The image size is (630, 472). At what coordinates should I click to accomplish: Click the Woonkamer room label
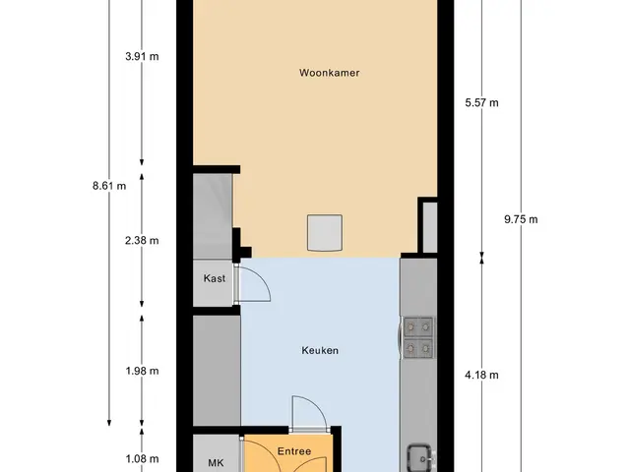[x=329, y=73]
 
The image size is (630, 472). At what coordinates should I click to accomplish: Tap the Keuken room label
[x=320, y=350]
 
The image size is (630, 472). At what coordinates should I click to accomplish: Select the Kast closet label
[x=215, y=278]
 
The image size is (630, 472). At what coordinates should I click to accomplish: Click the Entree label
[x=294, y=451]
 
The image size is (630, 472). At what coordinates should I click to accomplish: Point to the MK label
[x=216, y=463]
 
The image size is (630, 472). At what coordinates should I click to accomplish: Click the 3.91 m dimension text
[x=142, y=56]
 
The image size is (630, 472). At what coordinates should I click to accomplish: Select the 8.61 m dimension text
[x=109, y=186]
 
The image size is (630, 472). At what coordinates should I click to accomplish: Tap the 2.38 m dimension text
[x=142, y=240]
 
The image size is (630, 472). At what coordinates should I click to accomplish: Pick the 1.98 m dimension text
[x=142, y=371]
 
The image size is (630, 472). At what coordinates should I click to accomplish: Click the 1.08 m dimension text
[x=142, y=458]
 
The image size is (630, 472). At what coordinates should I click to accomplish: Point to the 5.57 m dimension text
[x=481, y=102]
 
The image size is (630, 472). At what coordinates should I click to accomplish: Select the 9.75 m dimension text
[x=521, y=219]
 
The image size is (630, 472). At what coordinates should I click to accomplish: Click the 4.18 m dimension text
[x=481, y=375]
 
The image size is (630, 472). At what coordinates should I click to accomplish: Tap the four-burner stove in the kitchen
[x=417, y=337]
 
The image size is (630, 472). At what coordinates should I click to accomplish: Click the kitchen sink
[x=420, y=458]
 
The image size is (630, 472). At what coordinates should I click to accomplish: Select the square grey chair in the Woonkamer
[x=325, y=233]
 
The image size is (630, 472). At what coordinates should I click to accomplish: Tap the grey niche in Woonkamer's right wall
[x=429, y=227]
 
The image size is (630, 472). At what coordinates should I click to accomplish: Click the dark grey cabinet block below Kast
[x=217, y=371]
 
